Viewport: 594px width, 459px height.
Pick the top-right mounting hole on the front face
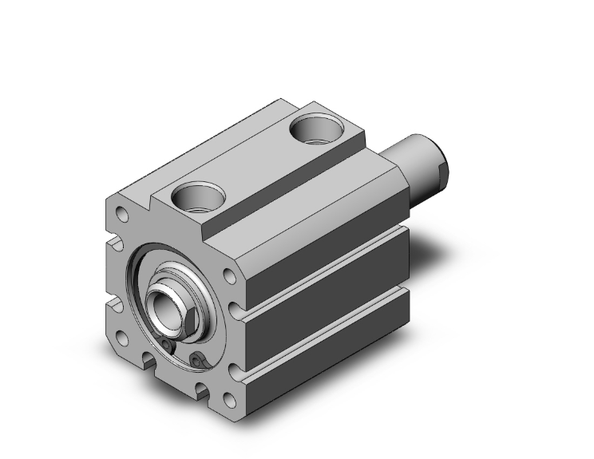click(230, 276)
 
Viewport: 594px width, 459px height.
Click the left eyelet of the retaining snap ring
click(166, 345)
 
